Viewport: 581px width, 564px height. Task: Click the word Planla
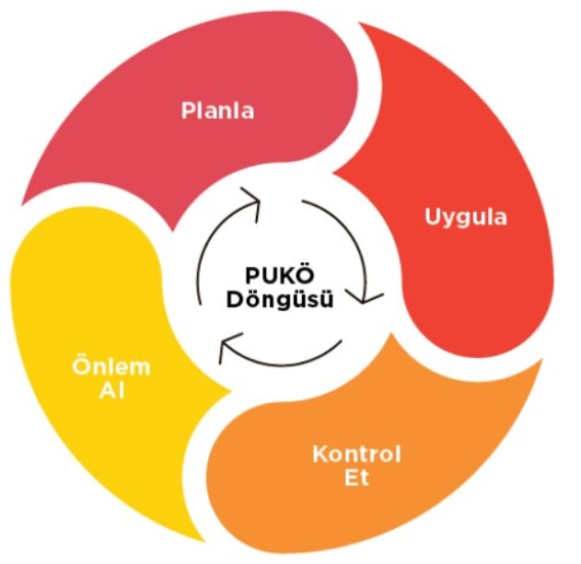point(217,112)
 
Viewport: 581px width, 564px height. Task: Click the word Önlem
point(110,367)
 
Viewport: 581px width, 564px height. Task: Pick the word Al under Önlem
point(110,390)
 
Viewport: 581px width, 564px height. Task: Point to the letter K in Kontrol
point(319,455)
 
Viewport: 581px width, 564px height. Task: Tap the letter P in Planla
point(187,112)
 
